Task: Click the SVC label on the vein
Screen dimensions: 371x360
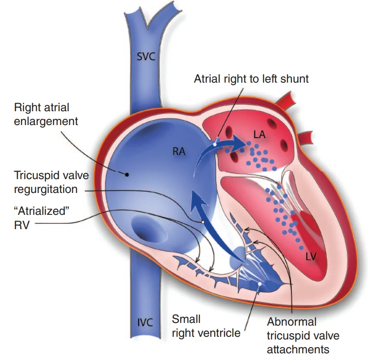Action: click(x=146, y=56)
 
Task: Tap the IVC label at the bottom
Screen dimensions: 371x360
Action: click(x=145, y=322)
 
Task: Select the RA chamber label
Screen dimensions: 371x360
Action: click(x=179, y=151)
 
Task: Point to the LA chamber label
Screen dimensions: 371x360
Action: click(x=259, y=135)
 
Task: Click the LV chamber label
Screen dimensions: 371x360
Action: click(x=311, y=256)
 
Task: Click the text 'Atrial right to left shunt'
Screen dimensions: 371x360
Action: click(x=251, y=79)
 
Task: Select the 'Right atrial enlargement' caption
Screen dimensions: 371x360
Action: click(x=46, y=114)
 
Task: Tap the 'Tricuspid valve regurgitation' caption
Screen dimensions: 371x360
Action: click(x=51, y=182)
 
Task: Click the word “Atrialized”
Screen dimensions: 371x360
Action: click(x=42, y=211)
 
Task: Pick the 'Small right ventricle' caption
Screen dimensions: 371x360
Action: click(x=206, y=326)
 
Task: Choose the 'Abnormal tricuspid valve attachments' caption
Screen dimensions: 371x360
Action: click(x=303, y=335)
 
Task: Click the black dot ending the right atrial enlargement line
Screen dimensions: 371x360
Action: click(x=127, y=175)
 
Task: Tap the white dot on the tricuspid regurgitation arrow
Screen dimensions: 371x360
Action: click(x=203, y=222)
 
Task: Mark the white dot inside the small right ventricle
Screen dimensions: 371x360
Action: click(x=259, y=284)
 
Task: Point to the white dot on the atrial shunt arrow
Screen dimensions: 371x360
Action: click(x=215, y=144)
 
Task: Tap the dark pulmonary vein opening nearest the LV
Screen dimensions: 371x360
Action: click(x=283, y=144)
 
